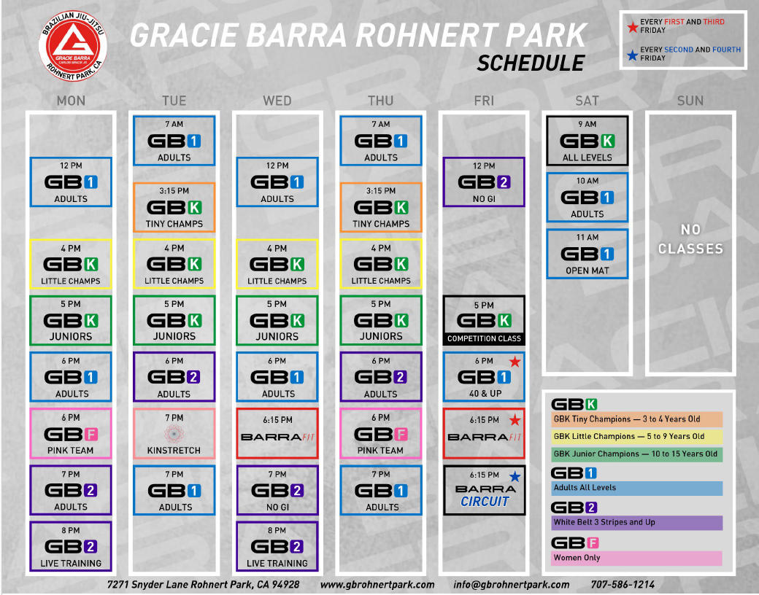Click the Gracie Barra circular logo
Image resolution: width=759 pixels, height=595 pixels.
pos(73,46)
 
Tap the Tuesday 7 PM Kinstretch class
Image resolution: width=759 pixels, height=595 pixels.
pos(174,433)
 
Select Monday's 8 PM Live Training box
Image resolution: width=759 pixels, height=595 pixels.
pos(71,547)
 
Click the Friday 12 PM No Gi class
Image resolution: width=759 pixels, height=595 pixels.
pos(484,182)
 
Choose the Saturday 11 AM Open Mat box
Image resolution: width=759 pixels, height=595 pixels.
pos(587,254)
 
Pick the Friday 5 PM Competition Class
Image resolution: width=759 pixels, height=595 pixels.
pos(484,320)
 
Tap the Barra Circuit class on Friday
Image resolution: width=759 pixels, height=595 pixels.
pos(484,490)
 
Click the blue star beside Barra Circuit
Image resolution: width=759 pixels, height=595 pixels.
pos(515,476)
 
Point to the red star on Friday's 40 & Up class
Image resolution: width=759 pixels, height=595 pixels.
pos(515,362)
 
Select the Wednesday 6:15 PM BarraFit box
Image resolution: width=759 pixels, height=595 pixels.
pos(277,433)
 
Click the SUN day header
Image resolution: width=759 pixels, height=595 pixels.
pos(690,101)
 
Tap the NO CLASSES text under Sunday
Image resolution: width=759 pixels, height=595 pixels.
pos(690,239)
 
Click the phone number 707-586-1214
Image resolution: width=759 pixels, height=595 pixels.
pos(622,584)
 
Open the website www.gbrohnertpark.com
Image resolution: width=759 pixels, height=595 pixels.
pos(377,584)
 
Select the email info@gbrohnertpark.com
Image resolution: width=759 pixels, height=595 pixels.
pos(511,584)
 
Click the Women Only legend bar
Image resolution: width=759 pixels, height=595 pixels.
pos(636,558)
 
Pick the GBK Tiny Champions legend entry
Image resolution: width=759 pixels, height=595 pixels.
pos(636,419)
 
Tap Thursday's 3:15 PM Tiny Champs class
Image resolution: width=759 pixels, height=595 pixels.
pos(380,207)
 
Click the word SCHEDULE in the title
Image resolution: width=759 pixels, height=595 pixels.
pos(531,63)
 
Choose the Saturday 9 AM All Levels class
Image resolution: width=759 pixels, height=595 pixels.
pos(587,141)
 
